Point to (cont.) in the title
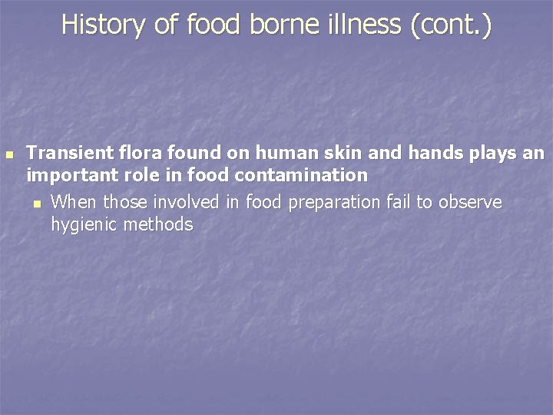coord(452,25)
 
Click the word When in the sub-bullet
coord(74,202)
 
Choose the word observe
coord(465,202)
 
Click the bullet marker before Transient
coord(9,154)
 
